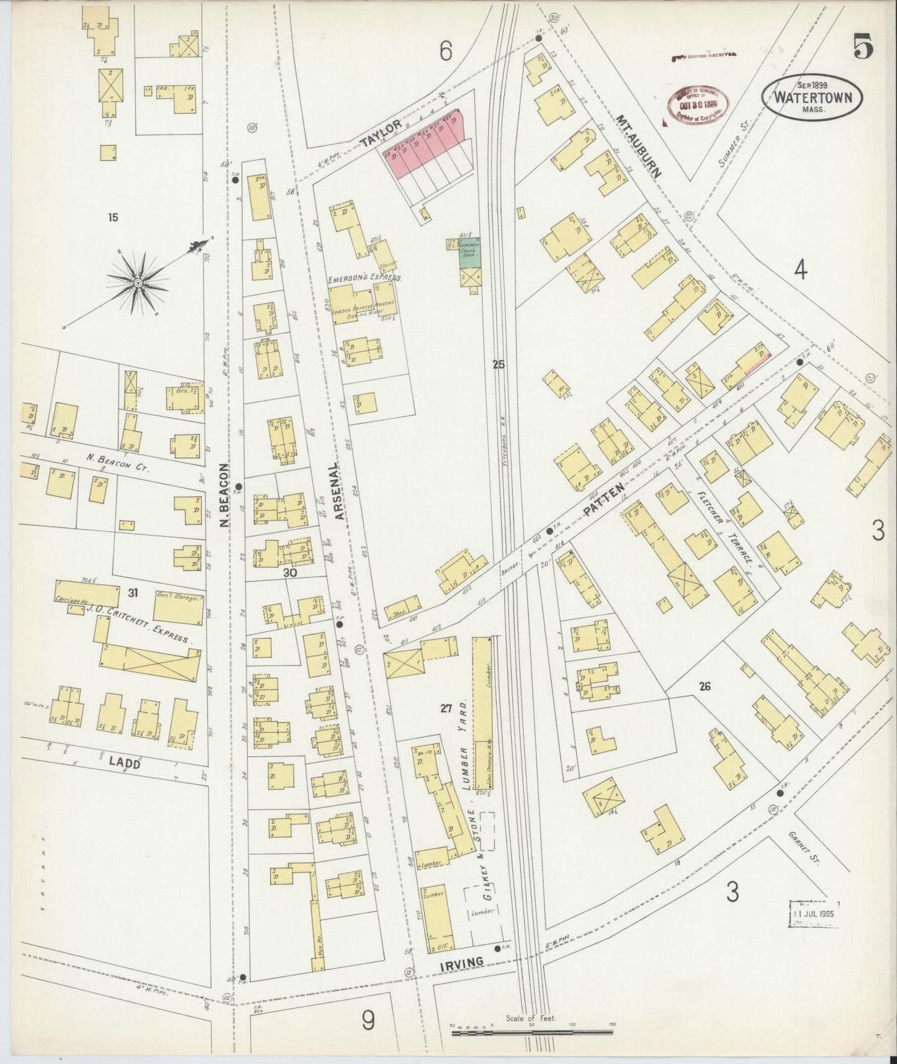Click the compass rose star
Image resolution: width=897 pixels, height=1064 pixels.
(x=138, y=283)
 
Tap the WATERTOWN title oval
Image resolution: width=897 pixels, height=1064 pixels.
(x=813, y=97)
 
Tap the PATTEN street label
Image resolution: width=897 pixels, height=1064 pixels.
(x=597, y=503)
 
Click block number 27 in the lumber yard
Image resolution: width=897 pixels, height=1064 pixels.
(x=446, y=708)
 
